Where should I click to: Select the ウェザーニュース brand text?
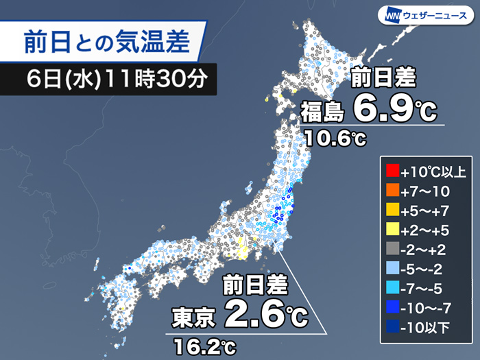(x=437, y=14)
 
